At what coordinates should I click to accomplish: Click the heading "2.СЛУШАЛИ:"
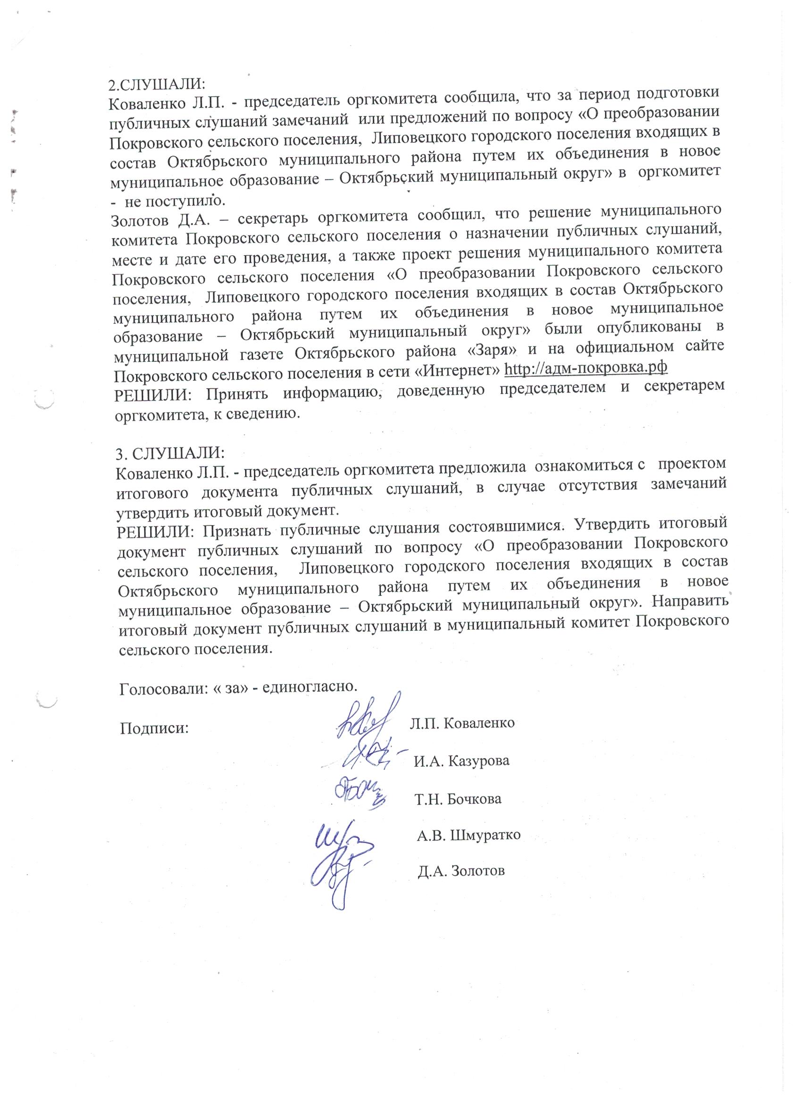157,83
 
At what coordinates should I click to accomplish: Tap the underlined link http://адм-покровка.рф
586,368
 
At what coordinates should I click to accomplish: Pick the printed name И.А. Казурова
461,761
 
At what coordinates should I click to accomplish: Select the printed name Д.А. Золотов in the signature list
461,871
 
